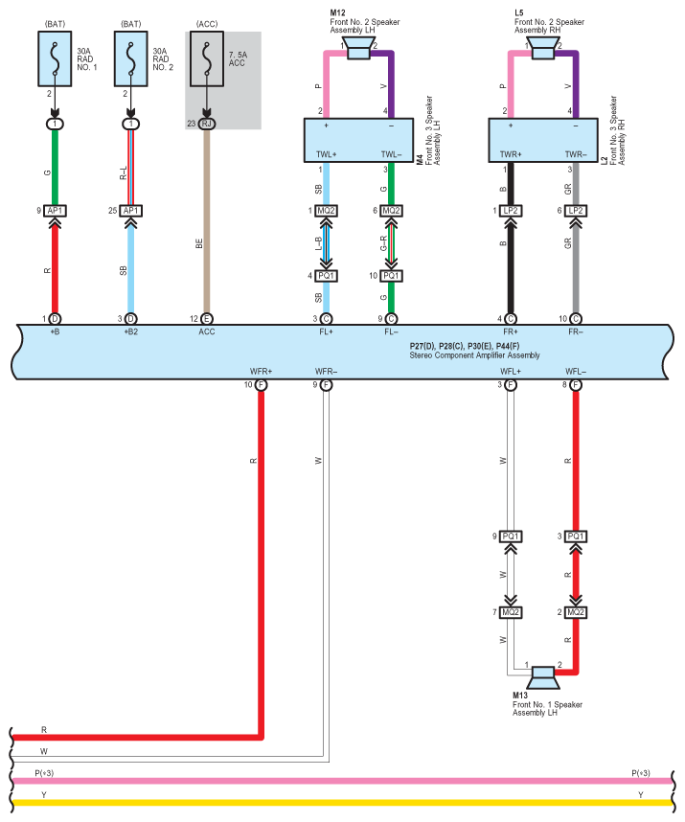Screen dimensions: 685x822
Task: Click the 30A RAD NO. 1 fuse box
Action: point(55,58)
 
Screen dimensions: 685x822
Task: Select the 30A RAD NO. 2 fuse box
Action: point(131,58)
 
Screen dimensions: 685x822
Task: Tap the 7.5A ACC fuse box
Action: point(207,58)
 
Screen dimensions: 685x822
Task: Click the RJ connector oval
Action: point(207,124)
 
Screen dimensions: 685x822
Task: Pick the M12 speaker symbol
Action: point(358,49)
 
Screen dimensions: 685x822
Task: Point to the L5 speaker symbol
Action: point(543,49)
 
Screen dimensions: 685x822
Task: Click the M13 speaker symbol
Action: point(543,677)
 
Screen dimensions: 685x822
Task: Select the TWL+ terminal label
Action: point(326,154)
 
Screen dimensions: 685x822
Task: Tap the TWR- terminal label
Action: point(576,154)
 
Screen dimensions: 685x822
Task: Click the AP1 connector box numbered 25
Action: point(131,211)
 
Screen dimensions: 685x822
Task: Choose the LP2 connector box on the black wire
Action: point(511,211)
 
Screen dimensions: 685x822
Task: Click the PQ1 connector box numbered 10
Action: point(391,276)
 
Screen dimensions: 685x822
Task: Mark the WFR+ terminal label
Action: point(261,372)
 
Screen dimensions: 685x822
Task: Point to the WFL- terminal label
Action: point(576,372)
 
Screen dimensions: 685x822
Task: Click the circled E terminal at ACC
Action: point(207,319)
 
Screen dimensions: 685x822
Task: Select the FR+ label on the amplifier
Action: point(511,331)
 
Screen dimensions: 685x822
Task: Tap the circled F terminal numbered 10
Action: point(261,385)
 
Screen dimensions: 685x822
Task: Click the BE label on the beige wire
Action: point(199,243)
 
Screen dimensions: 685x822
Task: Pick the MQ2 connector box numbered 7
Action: point(511,612)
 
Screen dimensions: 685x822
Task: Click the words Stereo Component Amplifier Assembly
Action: point(474,355)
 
